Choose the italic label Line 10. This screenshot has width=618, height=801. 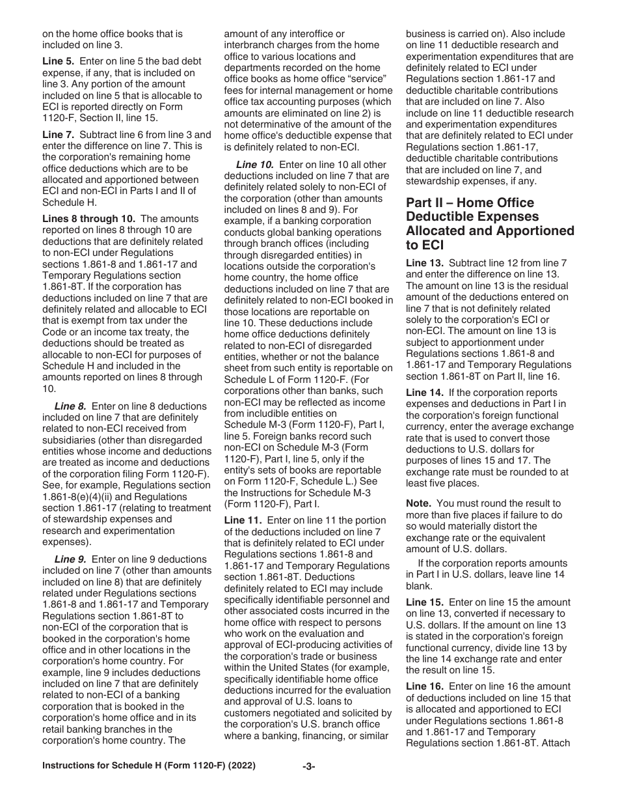(x=254, y=165)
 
